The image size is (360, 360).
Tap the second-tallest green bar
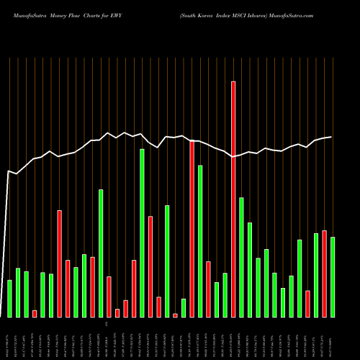pyautogui.click(x=200, y=241)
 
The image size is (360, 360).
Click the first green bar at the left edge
pyautogui.click(x=9, y=298)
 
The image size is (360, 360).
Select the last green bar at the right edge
pyautogui.click(x=333, y=276)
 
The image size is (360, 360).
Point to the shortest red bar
pyautogui.click(x=175, y=315)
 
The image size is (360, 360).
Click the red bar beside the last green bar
pyautogui.click(x=324, y=274)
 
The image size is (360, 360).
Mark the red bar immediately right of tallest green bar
pyautogui.click(x=150, y=266)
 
